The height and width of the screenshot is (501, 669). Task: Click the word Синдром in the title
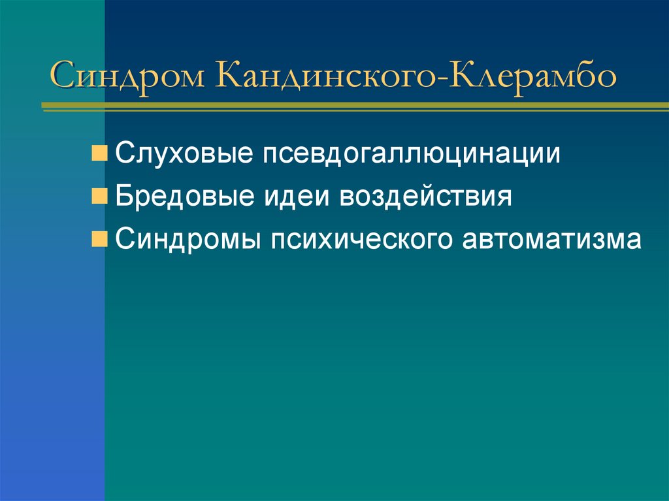[129, 76]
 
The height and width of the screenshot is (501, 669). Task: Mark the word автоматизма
[553, 240]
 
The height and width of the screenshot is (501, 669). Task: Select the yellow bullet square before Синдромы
[99, 240]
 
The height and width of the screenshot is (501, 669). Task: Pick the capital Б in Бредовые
[124, 197]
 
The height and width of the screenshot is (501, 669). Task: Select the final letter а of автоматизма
[634, 241]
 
